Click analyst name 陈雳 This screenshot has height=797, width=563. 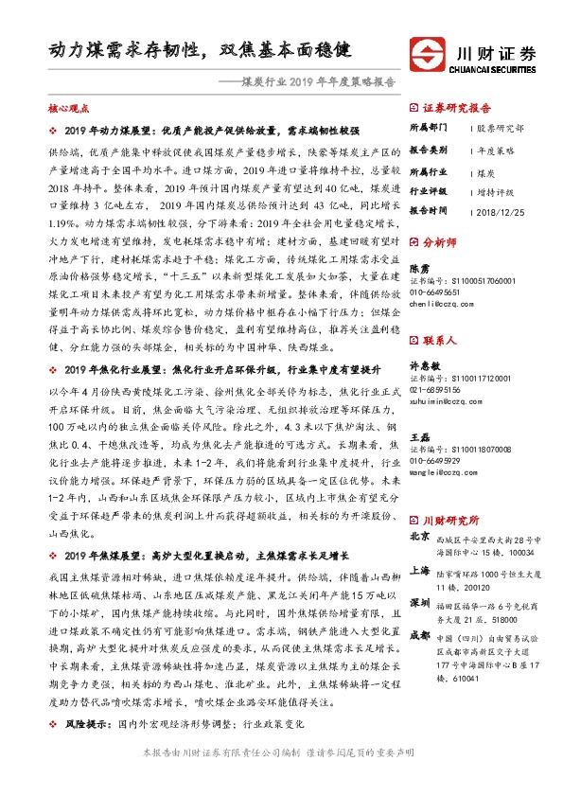coord(418,268)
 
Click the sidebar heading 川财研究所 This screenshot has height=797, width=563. coord(452,493)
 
